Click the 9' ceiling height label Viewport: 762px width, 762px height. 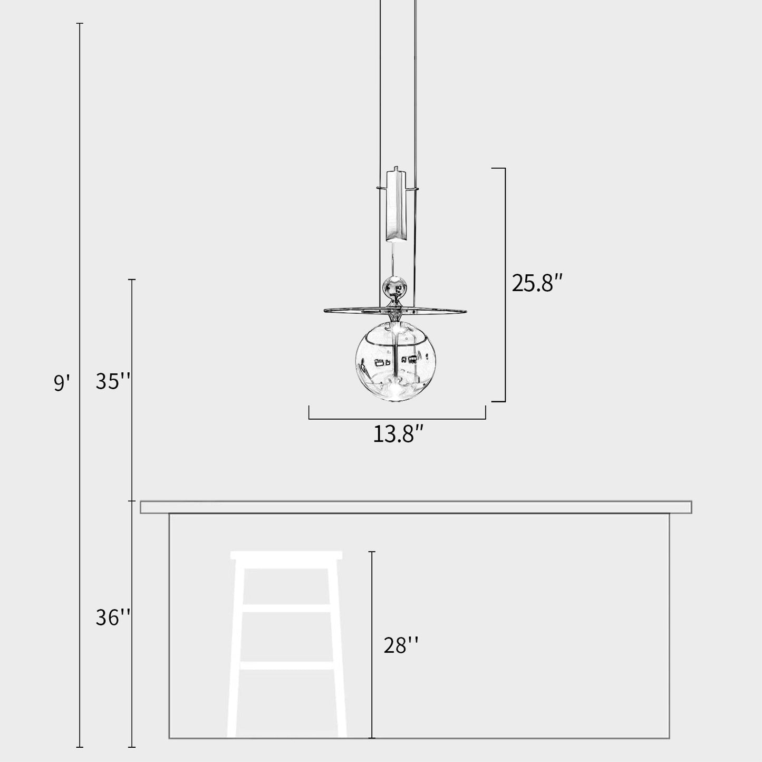pos(62,382)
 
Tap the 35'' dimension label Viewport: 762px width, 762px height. pos(113,381)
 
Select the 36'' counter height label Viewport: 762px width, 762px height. pos(113,618)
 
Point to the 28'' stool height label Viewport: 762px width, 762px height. pos(401,645)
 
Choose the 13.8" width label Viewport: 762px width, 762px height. pos(399,435)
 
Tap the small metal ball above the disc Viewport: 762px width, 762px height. pos(395,287)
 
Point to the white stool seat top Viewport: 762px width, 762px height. pos(286,555)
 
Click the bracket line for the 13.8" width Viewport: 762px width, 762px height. pos(397,419)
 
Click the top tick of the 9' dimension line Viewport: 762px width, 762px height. pos(80,24)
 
